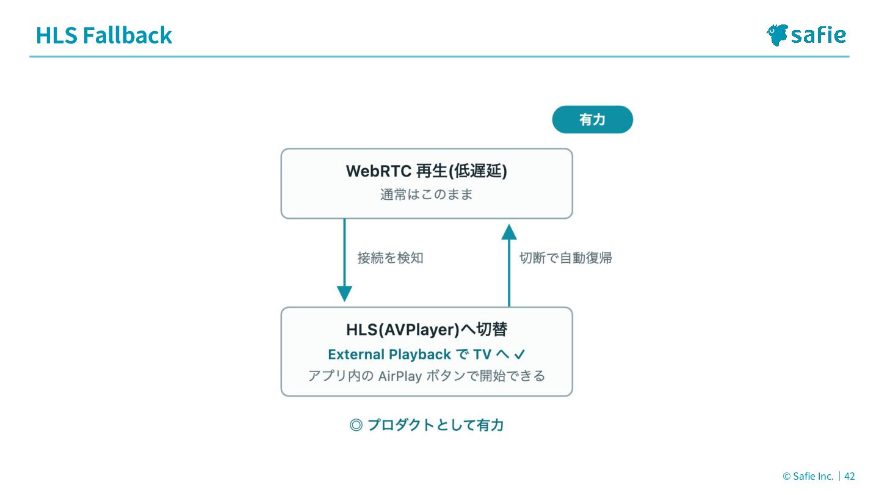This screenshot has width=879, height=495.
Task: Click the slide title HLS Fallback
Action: click(x=104, y=35)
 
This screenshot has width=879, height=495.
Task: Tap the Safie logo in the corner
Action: click(x=806, y=35)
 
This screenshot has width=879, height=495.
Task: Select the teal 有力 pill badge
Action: click(x=592, y=119)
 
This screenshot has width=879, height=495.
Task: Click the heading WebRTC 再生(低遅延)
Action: click(x=427, y=171)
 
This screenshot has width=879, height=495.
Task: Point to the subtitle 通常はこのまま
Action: click(x=427, y=194)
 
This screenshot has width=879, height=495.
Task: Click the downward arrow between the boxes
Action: click(x=344, y=260)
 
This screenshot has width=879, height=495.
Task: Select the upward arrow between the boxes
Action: click(x=509, y=265)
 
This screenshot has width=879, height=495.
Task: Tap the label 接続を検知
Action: click(x=391, y=258)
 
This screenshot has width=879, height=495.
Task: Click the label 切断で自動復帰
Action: click(x=566, y=258)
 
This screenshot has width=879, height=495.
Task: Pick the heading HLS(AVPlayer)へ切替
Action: click(x=427, y=329)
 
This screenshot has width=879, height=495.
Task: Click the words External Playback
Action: click(x=389, y=354)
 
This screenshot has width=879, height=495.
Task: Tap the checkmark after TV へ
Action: click(x=519, y=354)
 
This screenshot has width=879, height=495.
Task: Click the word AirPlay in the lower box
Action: click(x=400, y=376)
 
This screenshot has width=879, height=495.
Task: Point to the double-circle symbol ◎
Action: click(x=356, y=425)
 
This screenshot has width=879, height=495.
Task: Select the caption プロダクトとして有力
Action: click(x=436, y=425)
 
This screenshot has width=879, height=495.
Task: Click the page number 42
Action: click(x=850, y=476)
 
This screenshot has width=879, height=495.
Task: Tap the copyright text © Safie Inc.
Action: click(x=808, y=476)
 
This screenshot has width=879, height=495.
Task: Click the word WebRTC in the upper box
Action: click(x=378, y=171)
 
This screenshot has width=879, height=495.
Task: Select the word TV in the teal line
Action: click(x=482, y=354)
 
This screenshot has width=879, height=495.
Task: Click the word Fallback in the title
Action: click(x=128, y=35)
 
